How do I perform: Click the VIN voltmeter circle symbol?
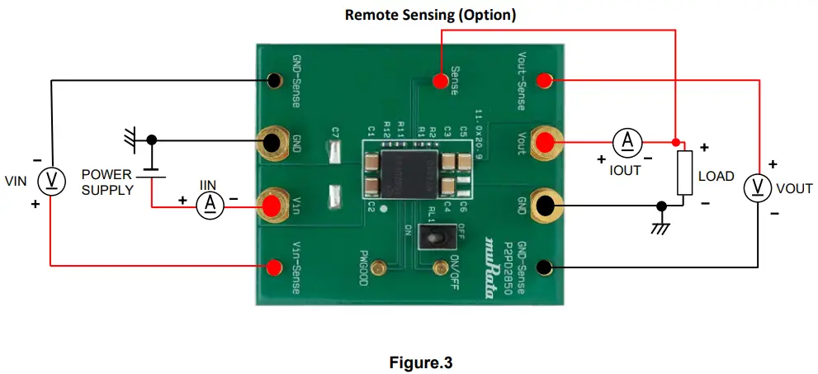52,182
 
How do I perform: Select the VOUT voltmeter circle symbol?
759,189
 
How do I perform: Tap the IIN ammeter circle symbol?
210,202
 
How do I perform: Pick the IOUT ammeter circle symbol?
627,142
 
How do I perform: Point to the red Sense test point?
437,81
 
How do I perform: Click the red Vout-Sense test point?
544,80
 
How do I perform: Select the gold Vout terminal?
545,142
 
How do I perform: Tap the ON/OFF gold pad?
438,266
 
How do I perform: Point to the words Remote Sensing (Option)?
430,15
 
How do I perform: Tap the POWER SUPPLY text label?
107,182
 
